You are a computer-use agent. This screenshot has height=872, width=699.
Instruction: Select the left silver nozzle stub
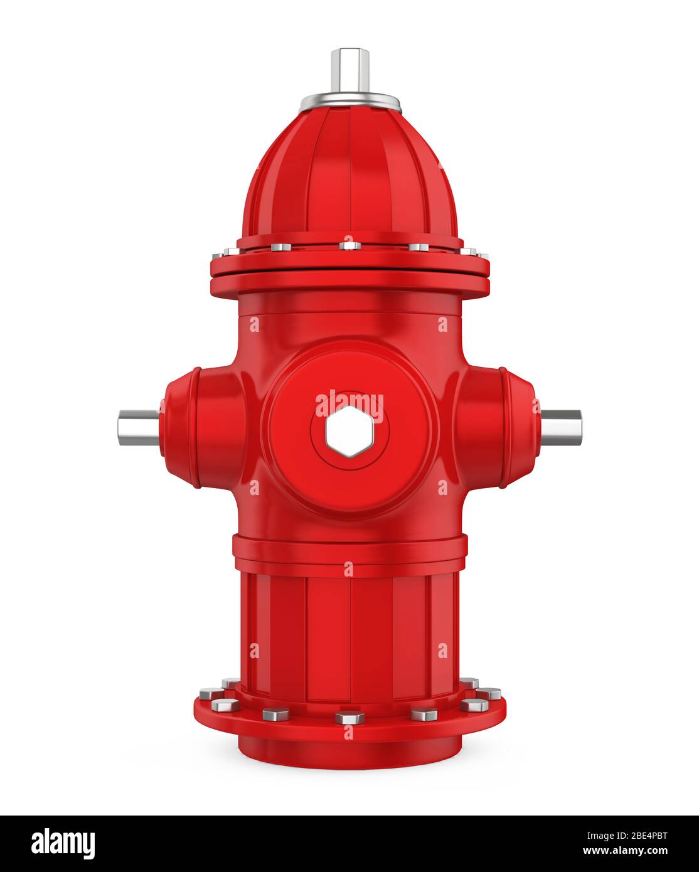coord(138,427)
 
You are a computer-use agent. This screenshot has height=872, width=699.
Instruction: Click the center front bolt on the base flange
coord(349,717)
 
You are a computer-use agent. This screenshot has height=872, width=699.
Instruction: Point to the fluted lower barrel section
coord(349,627)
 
